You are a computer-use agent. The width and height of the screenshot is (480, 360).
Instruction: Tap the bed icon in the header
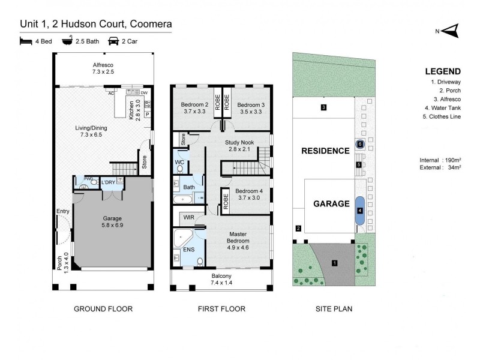point(25,41)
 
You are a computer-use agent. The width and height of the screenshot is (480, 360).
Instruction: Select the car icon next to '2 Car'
point(113,41)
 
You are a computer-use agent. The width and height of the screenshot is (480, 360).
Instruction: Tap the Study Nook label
point(239,145)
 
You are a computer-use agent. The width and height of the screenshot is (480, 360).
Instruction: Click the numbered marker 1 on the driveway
point(335,262)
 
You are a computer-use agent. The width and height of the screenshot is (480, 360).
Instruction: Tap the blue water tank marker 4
point(359,211)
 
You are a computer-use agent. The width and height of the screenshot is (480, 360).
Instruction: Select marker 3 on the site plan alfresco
point(323,108)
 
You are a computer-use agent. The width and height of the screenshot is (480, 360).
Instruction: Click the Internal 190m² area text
point(440,160)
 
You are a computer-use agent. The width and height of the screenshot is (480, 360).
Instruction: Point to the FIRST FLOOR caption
point(221,309)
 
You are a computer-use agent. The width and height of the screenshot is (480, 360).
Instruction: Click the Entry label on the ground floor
point(62,211)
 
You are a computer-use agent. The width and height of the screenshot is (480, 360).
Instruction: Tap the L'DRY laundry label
point(109,182)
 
